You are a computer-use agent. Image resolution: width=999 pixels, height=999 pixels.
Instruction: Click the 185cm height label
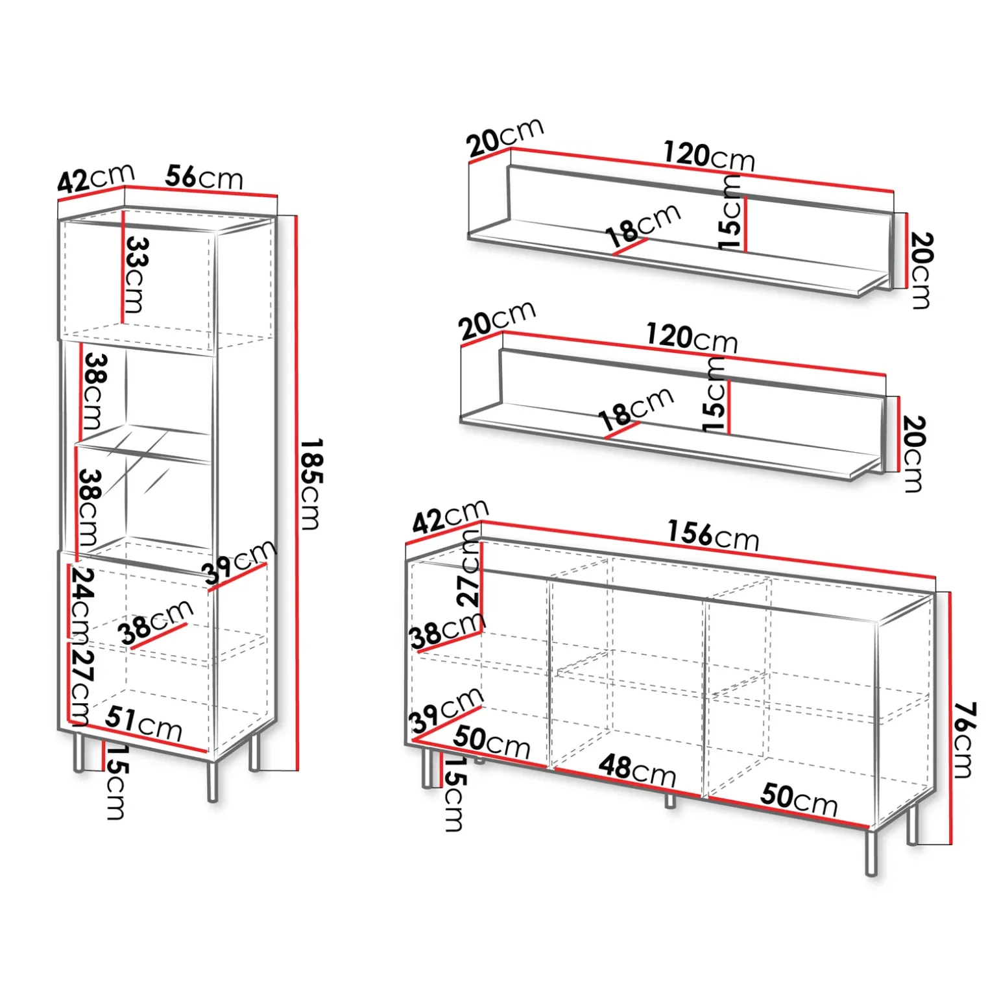pyautogui.click(x=312, y=484)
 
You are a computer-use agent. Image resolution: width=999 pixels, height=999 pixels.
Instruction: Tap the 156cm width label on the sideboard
pyautogui.click(x=713, y=535)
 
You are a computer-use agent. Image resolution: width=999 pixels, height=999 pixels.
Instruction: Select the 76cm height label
pyautogui.click(x=963, y=740)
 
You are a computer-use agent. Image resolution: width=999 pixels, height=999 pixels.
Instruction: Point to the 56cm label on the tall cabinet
pyautogui.click(x=204, y=176)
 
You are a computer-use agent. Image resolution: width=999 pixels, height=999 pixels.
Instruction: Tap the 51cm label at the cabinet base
pyautogui.click(x=143, y=723)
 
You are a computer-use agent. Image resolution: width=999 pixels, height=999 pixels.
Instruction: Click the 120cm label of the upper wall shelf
pyautogui.click(x=709, y=156)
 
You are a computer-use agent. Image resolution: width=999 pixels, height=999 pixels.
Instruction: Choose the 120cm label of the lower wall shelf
pyautogui.click(x=692, y=338)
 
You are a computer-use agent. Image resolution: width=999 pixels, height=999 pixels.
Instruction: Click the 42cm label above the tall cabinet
pyautogui.click(x=96, y=178)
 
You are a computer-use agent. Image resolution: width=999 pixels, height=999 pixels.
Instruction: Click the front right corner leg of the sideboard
pyautogui.click(x=871, y=852)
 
